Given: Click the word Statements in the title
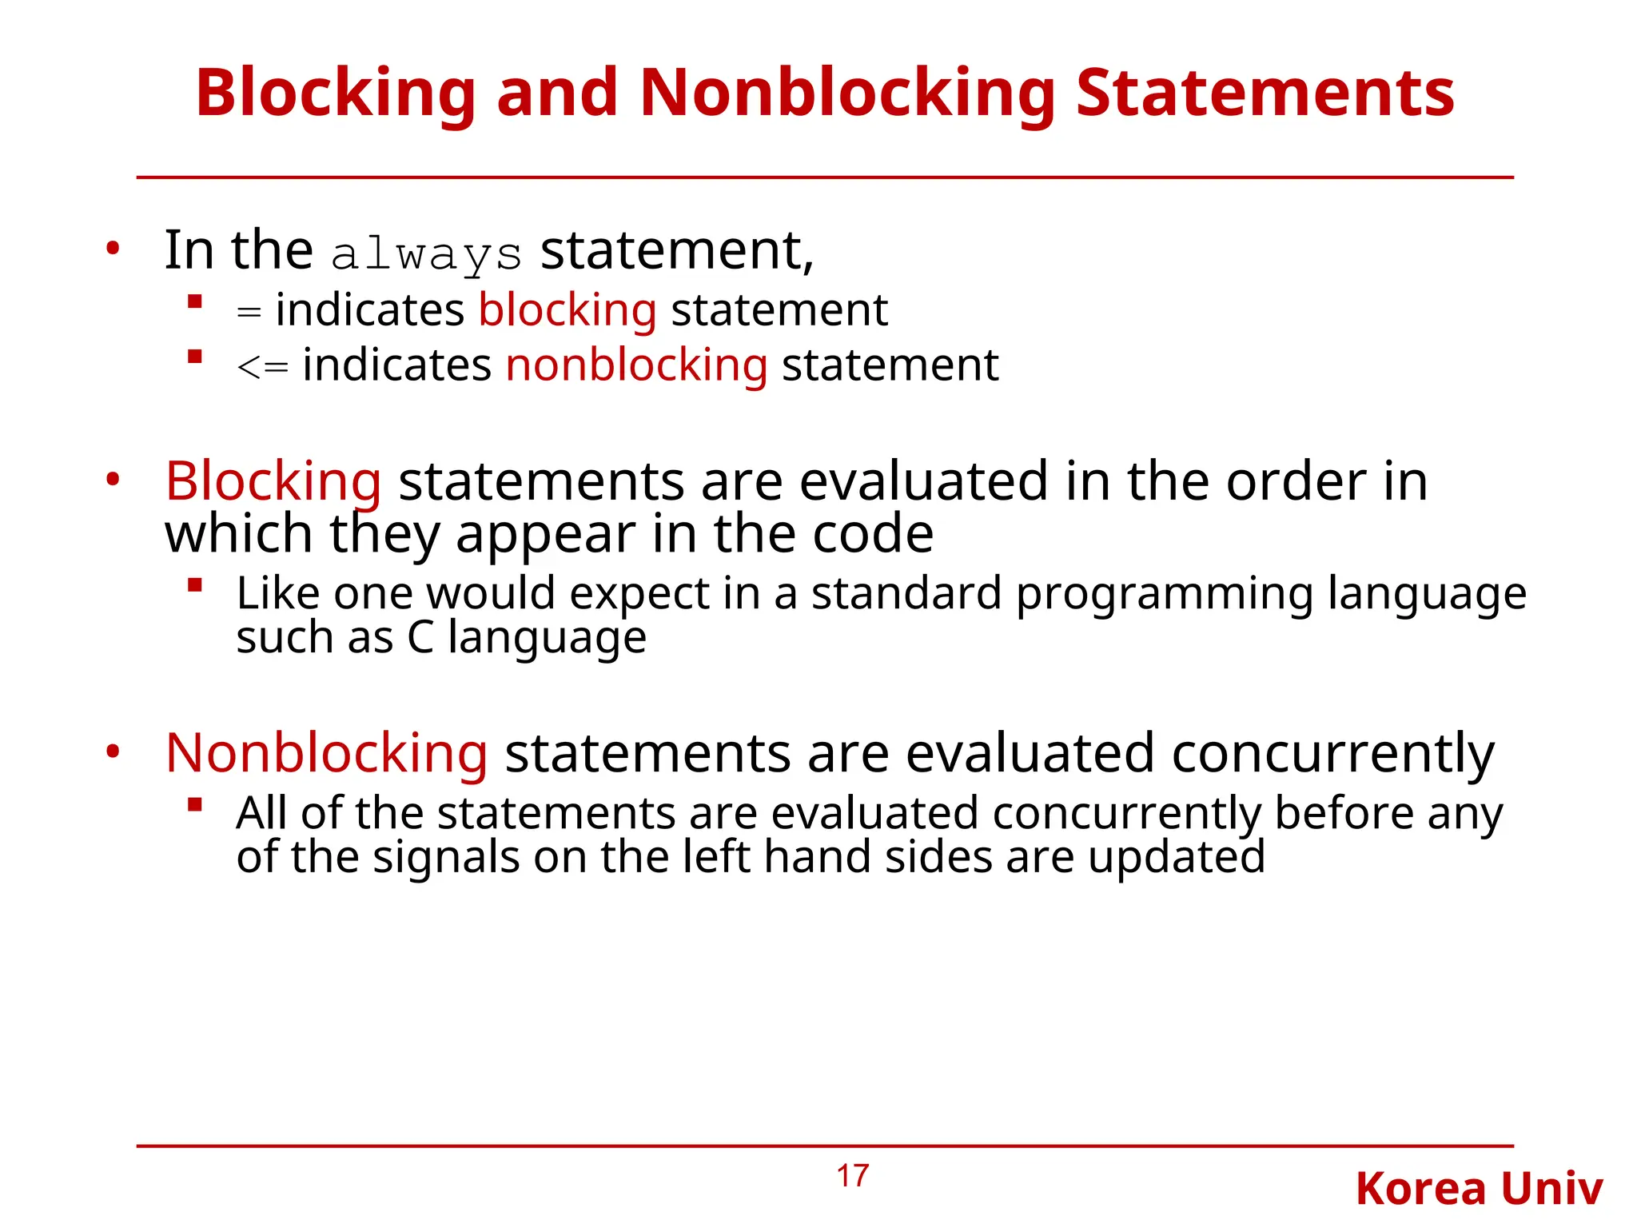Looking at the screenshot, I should click(x=1265, y=94).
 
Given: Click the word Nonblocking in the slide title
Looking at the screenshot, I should click(x=847, y=94).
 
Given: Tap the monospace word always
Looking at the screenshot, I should click(x=426, y=255).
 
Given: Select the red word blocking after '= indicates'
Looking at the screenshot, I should click(x=568, y=310).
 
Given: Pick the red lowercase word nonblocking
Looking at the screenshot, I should click(x=636, y=366).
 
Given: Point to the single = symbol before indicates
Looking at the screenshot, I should click(x=249, y=313).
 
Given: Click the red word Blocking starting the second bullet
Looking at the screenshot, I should click(x=273, y=482).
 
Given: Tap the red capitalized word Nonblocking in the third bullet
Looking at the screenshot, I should click(x=326, y=754).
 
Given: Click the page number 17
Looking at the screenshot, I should click(x=852, y=1176).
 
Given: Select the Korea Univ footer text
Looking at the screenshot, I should click(x=1479, y=1189).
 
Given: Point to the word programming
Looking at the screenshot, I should click(x=1164, y=594).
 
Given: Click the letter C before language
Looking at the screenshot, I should click(x=421, y=638).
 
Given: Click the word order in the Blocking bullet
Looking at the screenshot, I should click(x=1295, y=482).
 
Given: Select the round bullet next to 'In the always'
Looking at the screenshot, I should click(x=113, y=249).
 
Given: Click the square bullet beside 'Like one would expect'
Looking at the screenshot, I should click(x=194, y=586).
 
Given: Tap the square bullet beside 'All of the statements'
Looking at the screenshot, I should click(x=194, y=805).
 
